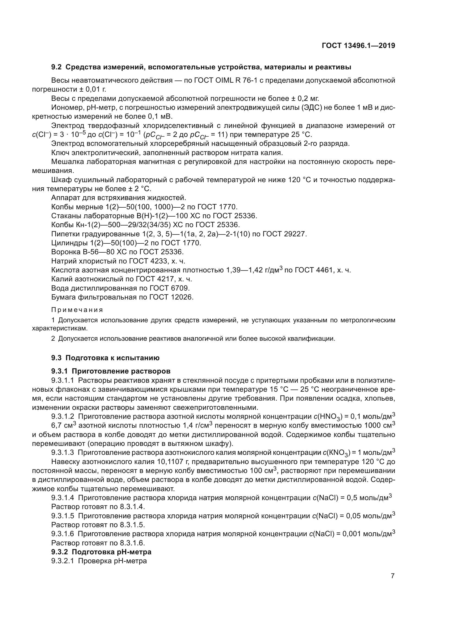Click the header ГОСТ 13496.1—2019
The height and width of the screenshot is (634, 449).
click(358, 46)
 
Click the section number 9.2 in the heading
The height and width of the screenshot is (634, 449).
click(56, 67)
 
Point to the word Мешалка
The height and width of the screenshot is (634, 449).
click(67, 162)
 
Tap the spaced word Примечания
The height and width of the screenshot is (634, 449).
click(77, 310)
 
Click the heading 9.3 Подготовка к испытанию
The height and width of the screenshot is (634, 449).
click(105, 358)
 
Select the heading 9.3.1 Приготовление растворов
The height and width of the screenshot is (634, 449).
click(110, 371)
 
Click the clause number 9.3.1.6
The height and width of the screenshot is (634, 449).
click(62, 534)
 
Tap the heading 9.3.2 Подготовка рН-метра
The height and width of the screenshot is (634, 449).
click(101, 552)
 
